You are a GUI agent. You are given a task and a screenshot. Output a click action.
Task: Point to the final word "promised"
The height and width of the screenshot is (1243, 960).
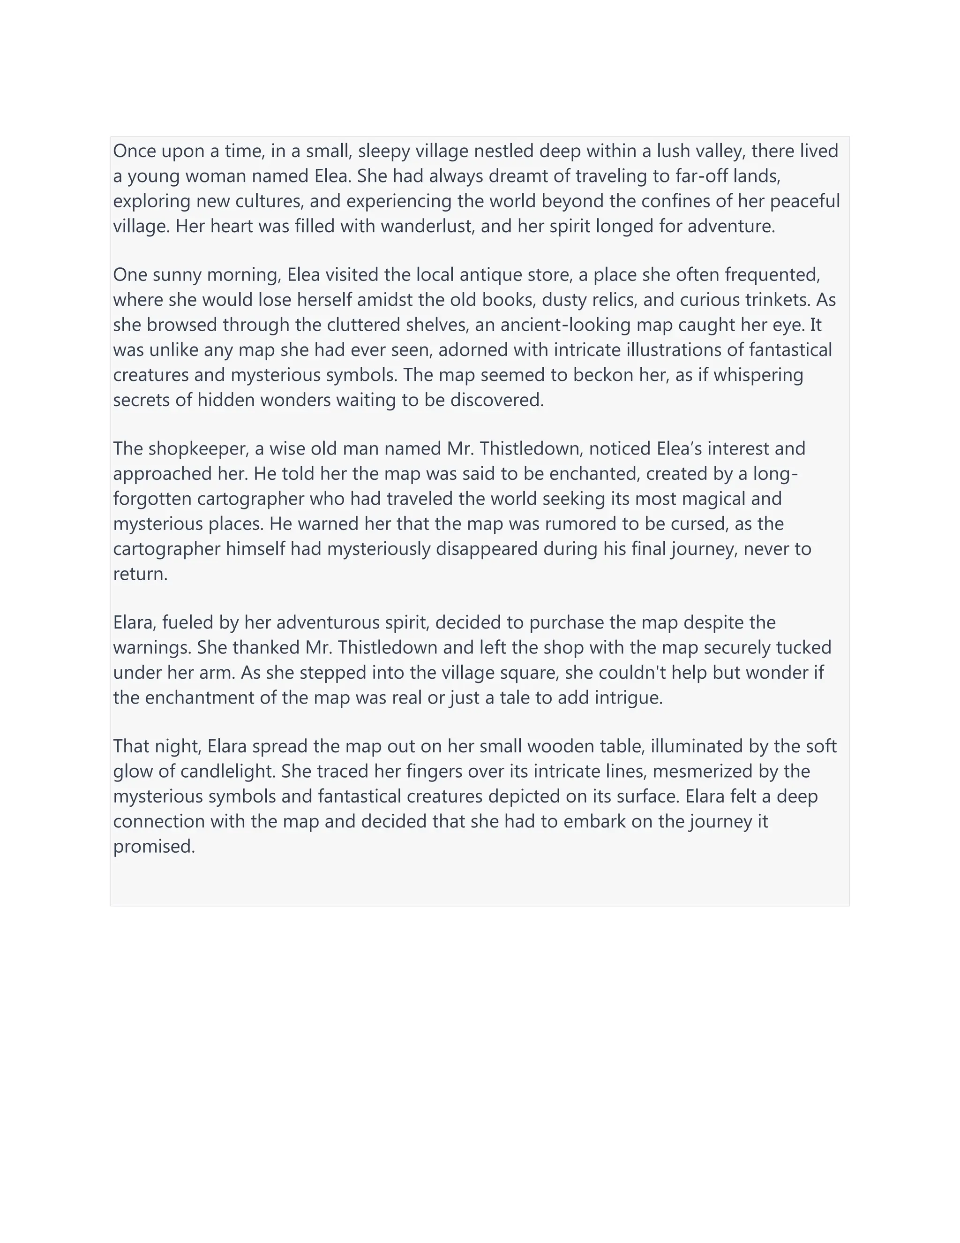(154, 847)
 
